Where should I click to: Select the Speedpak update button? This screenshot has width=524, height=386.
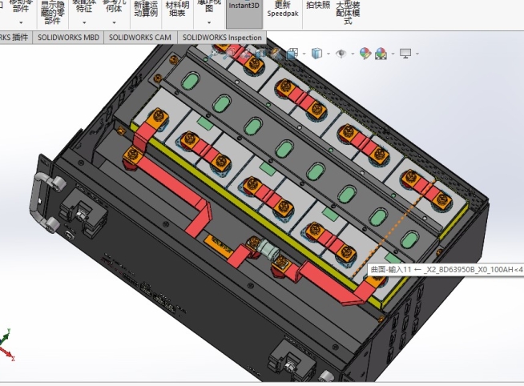282,10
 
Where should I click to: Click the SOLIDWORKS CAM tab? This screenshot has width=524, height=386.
140,38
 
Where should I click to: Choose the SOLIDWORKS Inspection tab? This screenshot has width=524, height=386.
222,38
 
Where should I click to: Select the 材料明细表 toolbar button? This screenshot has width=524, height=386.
176,9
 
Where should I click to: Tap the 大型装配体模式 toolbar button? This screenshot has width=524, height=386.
348,12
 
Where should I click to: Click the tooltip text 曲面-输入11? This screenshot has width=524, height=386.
392,270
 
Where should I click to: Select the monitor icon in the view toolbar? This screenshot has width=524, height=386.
405,54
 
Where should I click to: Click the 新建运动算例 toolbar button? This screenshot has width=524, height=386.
147,9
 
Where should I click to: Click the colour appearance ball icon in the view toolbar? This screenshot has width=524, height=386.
365,54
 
